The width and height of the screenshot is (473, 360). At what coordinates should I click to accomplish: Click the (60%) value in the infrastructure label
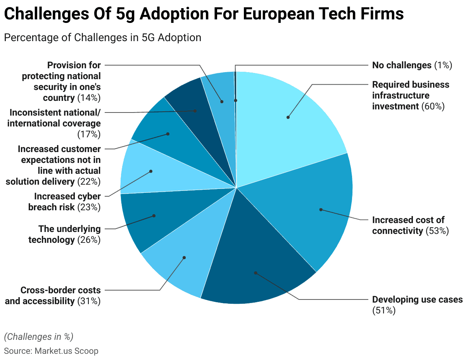pyautogui.click(x=433, y=106)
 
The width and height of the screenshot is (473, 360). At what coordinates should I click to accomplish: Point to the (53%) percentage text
pyautogui.click(x=437, y=231)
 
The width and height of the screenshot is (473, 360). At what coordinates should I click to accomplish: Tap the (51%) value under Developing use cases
pyautogui.click(x=384, y=310)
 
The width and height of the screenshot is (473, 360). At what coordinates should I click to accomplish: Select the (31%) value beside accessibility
pyautogui.click(x=89, y=301)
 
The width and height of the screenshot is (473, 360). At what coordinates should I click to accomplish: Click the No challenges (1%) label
pyautogui.click(x=412, y=65)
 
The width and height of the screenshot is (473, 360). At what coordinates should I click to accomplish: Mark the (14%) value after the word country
pyautogui.click(x=89, y=98)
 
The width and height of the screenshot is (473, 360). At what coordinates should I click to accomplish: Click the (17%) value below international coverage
pyautogui.click(x=89, y=134)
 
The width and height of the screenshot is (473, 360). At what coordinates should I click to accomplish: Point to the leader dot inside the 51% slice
pyautogui.click(x=255, y=273)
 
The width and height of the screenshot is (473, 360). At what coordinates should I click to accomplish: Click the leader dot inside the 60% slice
pyautogui.click(x=288, y=117)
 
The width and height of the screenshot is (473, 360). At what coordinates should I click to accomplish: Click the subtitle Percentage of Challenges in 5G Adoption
pyautogui.click(x=102, y=38)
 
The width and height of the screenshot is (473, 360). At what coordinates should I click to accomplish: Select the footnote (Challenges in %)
pyautogui.click(x=38, y=336)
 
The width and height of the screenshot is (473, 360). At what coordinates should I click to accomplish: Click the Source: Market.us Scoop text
pyautogui.click(x=51, y=351)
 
